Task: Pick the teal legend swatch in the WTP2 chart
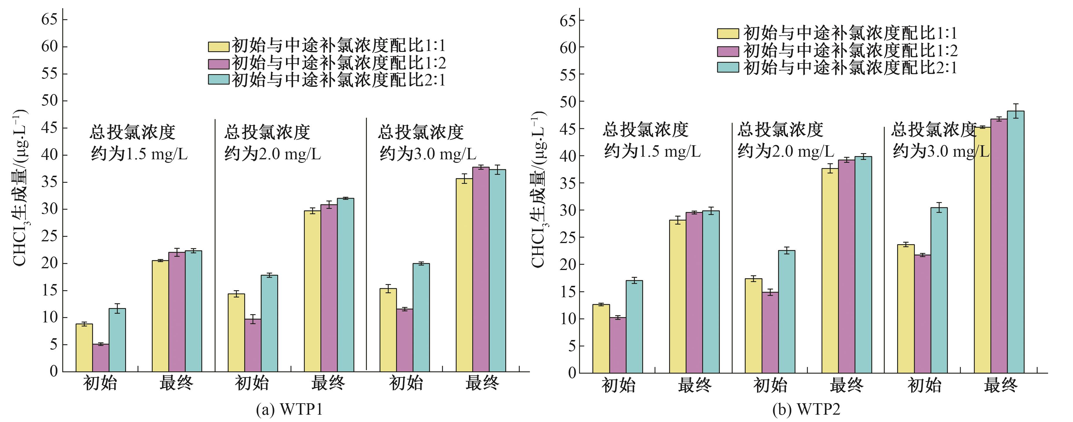728,67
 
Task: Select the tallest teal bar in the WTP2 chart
1016,241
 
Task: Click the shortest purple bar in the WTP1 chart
101,358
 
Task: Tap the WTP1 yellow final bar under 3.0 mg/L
464,275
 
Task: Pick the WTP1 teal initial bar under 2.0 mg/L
269,323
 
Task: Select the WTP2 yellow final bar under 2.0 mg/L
830,271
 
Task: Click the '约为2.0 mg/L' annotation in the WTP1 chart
272,154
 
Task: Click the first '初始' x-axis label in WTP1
100,383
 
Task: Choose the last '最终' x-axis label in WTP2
1001,385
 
